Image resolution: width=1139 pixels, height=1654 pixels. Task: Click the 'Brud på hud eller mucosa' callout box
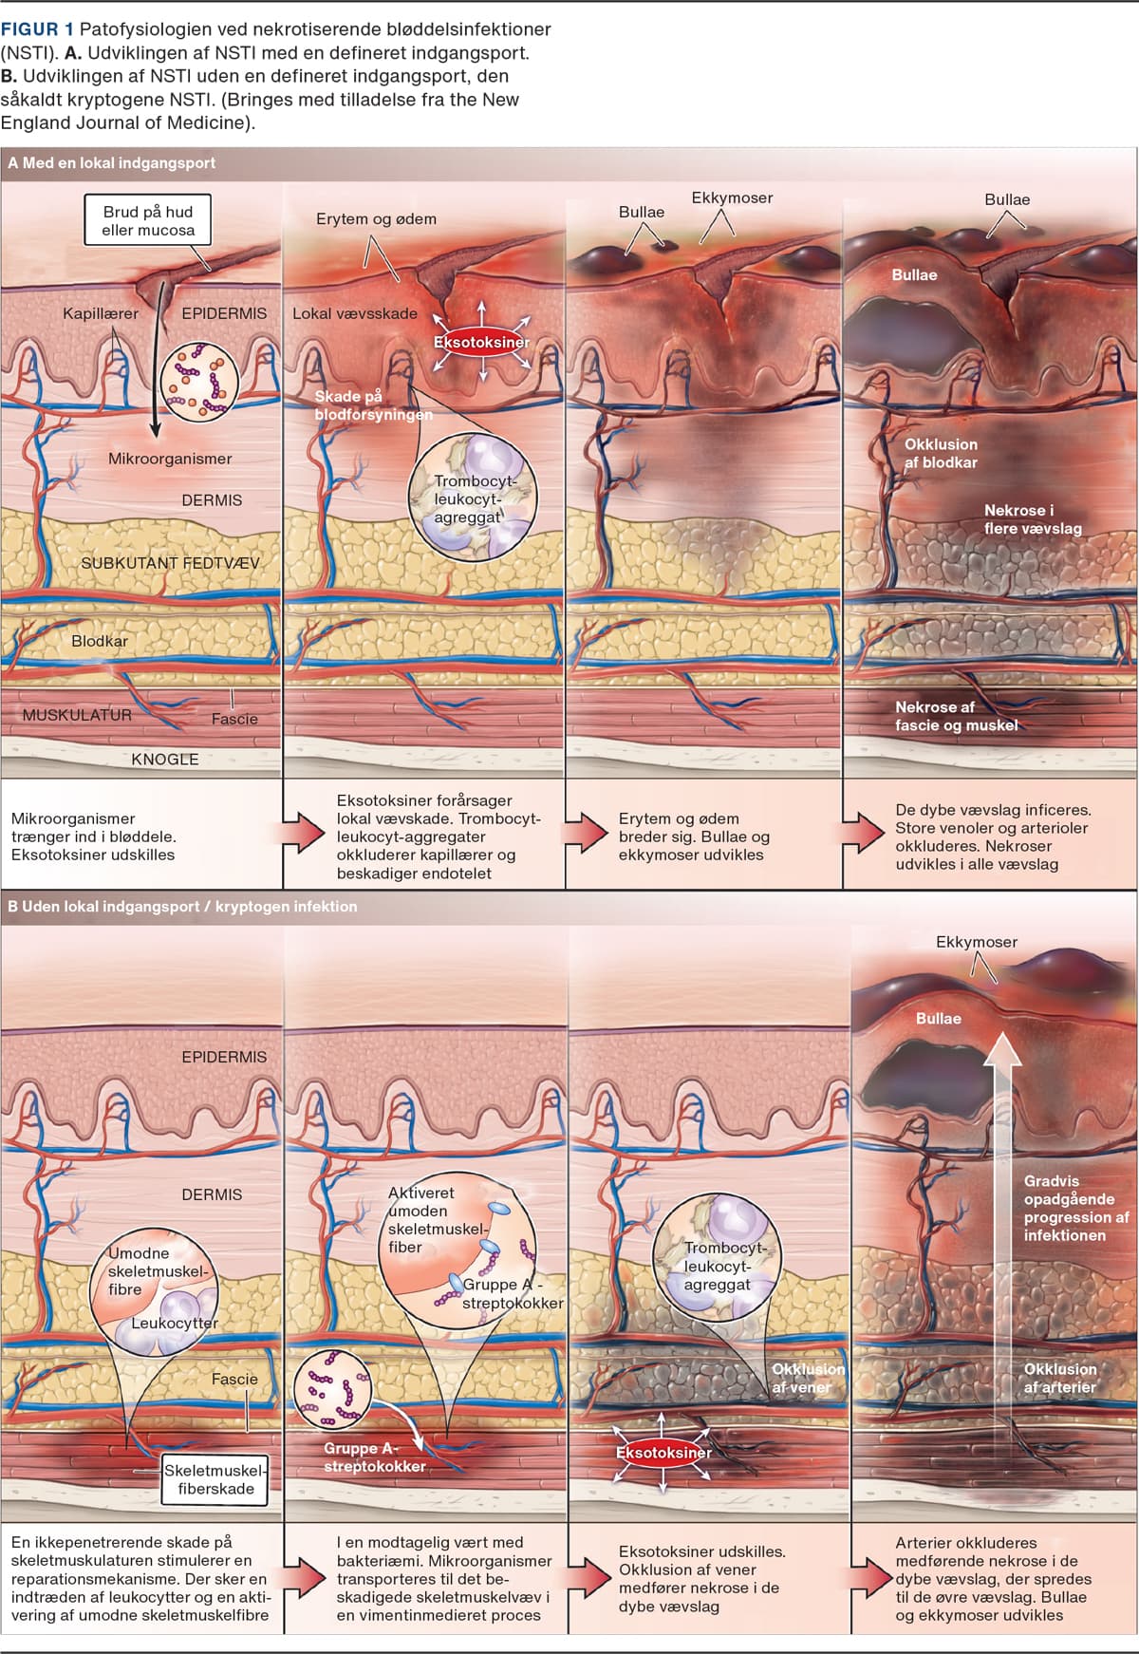(x=147, y=220)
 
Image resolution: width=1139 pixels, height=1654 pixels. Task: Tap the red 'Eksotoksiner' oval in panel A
(x=481, y=342)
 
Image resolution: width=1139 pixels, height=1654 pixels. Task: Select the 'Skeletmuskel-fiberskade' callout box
(x=215, y=1479)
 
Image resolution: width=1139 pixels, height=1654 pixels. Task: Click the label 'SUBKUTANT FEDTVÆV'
(x=169, y=563)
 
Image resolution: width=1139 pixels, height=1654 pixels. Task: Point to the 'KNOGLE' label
(x=164, y=760)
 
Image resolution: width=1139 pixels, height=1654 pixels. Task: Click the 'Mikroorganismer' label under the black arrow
(x=170, y=459)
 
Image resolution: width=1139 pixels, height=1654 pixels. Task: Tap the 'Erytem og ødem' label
(x=376, y=218)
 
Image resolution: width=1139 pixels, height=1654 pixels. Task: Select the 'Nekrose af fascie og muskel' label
(x=956, y=716)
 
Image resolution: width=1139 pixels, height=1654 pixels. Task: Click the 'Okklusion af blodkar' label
(x=940, y=453)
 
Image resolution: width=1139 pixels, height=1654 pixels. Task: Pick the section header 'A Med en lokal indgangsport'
(x=112, y=163)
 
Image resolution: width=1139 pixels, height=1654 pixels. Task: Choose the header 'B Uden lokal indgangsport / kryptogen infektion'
(x=182, y=907)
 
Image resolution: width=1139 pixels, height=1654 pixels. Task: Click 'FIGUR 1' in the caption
(x=37, y=29)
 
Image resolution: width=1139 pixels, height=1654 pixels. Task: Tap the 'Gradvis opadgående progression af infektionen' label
(x=1076, y=1208)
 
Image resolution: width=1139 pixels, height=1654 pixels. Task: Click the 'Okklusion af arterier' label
(x=1059, y=1378)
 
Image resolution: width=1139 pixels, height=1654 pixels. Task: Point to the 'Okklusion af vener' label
(x=807, y=1378)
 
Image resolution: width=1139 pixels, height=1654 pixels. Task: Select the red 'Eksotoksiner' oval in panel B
(x=663, y=1453)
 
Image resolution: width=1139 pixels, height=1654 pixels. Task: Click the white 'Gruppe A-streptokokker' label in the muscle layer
(x=374, y=1457)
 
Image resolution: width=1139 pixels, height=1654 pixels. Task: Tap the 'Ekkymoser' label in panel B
(x=976, y=942)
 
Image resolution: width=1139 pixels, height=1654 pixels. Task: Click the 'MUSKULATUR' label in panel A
(x=77, y=715)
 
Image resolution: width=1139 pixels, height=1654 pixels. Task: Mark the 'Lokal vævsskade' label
(x=354, y=313)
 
